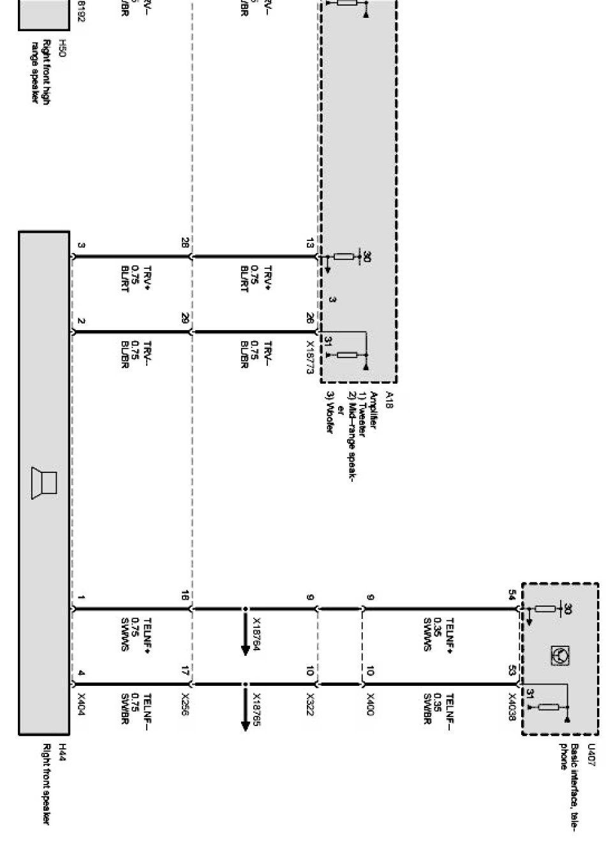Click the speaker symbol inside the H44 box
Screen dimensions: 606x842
(x=44, y=483)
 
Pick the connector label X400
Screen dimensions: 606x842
(x=371, y=702)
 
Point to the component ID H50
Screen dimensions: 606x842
(x=62, y=47)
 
